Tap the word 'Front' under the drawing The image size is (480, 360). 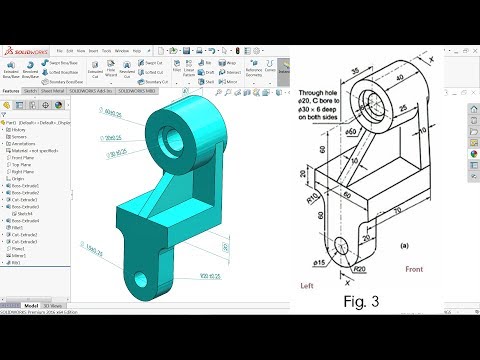point(414,269)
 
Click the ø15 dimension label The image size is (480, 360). point(319,263)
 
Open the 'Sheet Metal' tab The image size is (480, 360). point(53,89)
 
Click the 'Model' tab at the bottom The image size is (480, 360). point(31,305)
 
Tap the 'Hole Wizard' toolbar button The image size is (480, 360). point(104,74)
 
